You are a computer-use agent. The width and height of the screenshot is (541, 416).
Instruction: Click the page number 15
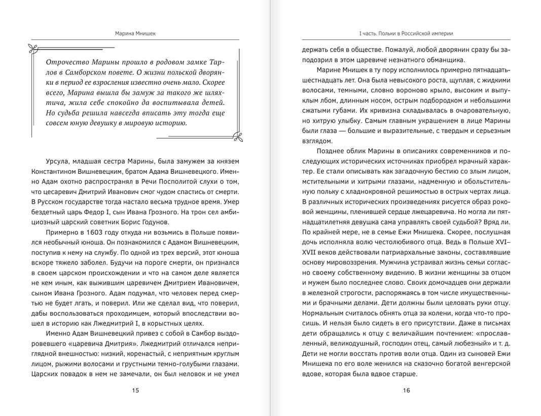click(x=135, y=390)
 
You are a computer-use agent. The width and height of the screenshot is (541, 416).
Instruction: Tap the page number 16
click(x=406, y=390)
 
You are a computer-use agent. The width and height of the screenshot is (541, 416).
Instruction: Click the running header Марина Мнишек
click(x=135, y=33)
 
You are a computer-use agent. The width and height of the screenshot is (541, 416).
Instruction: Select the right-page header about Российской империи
click(x=406, y=33)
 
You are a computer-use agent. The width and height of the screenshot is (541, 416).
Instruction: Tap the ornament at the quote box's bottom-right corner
click(x=237, y=135)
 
